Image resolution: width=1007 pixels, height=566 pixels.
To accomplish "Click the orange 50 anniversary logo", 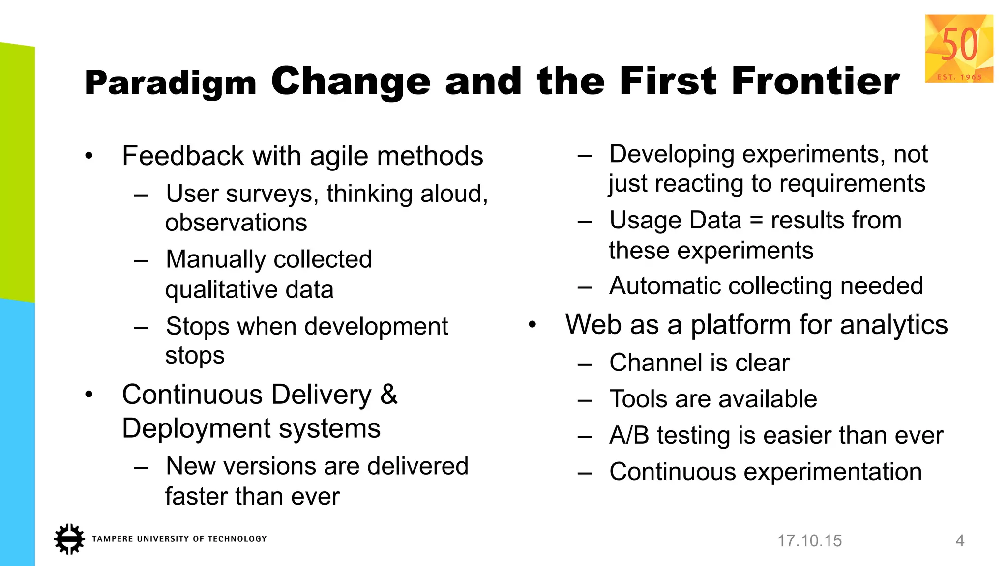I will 959,48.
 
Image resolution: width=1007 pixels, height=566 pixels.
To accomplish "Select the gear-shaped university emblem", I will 69,539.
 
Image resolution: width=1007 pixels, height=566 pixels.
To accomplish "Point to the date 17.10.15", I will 809,541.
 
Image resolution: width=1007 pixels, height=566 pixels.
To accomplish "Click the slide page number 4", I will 960,541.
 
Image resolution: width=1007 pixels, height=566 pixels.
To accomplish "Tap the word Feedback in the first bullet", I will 182,156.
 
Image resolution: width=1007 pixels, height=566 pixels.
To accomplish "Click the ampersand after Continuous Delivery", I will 389,395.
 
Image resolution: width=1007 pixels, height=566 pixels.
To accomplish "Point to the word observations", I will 236,223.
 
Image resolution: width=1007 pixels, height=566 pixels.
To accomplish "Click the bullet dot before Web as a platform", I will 532,325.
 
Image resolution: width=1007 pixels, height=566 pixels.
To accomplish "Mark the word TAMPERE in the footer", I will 112,539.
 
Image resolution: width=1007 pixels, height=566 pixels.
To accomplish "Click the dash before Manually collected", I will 141,260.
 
